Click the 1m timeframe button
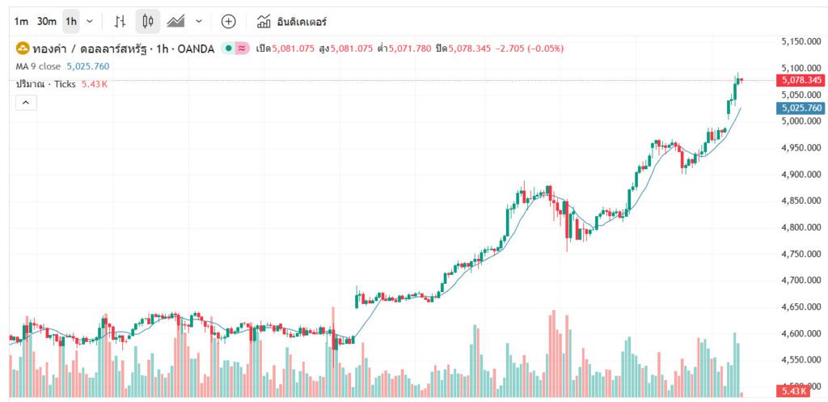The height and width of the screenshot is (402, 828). (21, 21)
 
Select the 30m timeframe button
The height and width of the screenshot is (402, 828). (47, 21)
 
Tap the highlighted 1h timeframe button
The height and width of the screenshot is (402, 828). (72, 21)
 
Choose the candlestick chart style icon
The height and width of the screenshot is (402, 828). (147, 21)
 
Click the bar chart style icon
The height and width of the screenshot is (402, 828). (120, 21)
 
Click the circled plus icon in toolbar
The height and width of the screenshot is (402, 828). (229, 21)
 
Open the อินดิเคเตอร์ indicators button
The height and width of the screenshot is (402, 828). (292, 21)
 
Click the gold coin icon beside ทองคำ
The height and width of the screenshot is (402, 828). (23, 49)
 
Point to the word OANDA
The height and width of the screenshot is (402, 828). (196, 49)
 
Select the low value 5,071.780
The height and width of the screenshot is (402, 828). (411, 49)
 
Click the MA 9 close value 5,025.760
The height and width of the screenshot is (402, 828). (87, 66)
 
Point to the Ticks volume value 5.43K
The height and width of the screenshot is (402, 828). (95, 84)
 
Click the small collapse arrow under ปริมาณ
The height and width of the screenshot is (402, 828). (25, 103)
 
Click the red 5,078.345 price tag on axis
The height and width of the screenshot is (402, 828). (800, 80)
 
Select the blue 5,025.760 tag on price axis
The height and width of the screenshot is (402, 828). (800, 108)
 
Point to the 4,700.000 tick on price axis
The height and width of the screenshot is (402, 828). (802, 281)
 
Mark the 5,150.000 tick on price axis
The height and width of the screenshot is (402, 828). (802, 41)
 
